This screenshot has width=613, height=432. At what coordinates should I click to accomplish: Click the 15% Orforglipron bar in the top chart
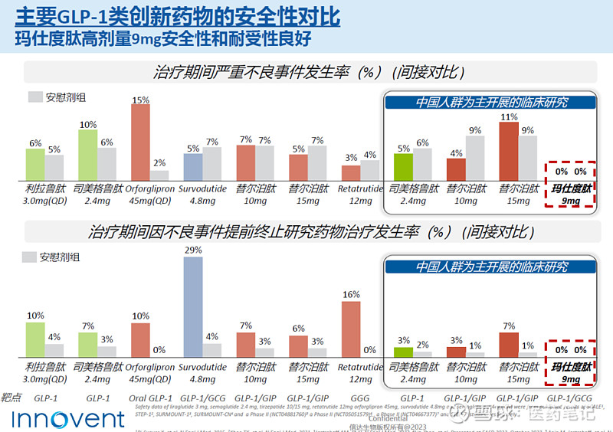tap(140, 142)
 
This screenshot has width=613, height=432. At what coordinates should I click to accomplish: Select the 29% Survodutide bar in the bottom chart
tap(193, 306)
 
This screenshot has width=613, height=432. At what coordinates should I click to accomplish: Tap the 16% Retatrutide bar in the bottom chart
tap(351, 329)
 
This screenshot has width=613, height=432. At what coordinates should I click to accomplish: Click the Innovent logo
tap(68, 419)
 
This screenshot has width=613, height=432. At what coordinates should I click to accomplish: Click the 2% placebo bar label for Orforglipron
tap(159, 163)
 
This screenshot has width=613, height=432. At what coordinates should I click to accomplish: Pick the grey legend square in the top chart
tap(35, 97)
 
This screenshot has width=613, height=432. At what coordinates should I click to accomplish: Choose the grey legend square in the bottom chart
tap(29, 258)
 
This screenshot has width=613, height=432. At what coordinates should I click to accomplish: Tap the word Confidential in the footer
tap(389, 419)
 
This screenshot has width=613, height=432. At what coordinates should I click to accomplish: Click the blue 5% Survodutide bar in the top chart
tap(192, 166)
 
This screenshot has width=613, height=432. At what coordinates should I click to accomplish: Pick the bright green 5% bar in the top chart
tap(404, 166)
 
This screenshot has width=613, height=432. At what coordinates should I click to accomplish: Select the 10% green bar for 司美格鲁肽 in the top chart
tap(88, 154)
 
